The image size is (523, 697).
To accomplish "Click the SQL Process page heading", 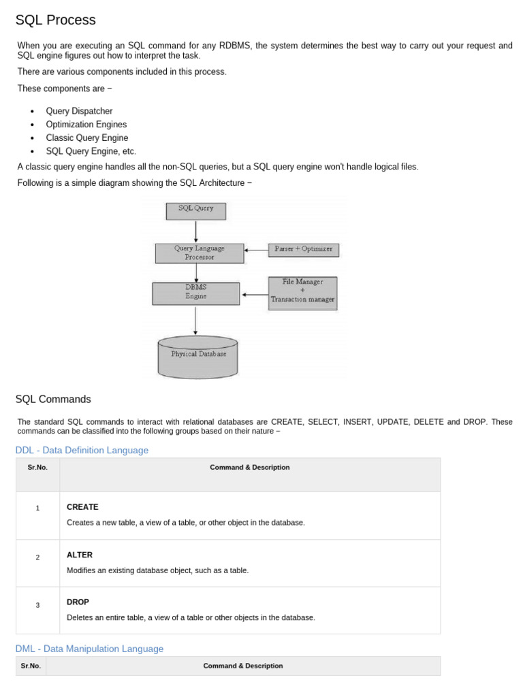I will point(56,20).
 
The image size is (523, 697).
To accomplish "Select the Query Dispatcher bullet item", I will point(79,111).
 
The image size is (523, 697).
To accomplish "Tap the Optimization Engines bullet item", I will point(86,125).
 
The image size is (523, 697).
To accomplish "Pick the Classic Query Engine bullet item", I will point(86,138).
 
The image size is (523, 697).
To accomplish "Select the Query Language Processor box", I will point(199,253).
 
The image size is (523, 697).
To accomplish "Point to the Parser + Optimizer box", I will point(303,250).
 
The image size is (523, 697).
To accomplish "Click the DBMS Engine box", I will point(195,293).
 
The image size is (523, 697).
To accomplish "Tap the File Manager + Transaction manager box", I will point(302,293).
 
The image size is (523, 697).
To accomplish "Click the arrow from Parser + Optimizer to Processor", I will point(256,250).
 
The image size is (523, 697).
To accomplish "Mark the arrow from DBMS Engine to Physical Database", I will point(195,320).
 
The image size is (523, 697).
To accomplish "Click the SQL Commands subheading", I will point(53,400).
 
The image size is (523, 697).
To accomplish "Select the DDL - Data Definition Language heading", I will point(82,450).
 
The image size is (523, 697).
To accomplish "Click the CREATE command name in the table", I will point(82,507).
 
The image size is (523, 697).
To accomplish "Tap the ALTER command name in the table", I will point(80,555).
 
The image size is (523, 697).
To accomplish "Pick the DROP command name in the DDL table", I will point(78,602).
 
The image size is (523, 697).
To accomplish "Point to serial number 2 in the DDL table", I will point(38,557).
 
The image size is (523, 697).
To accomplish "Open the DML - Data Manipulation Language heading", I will point(89,649).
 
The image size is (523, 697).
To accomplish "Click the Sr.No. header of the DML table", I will point(31,666).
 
